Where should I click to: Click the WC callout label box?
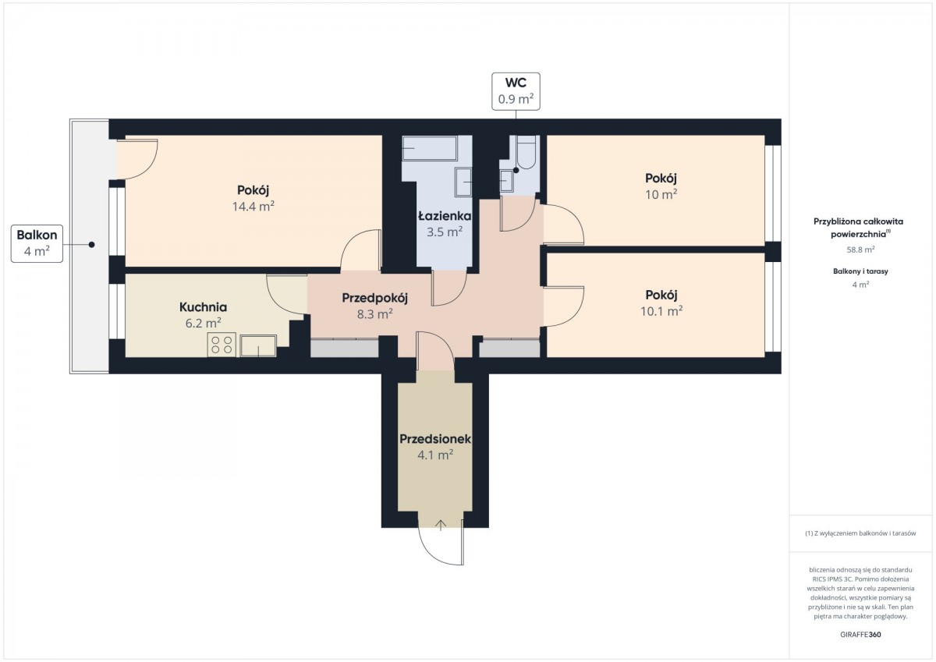coord(516,91)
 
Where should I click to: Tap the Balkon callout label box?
coord(37,243)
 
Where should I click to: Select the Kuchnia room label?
coord(203,307)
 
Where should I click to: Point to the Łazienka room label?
coord(445,216)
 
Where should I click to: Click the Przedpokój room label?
coord(374,298)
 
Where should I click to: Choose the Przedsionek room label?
coord(435,439)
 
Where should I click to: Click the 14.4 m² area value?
coord(253,207)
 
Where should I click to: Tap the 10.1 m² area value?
coord(661,311)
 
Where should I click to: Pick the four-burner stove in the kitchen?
coord(222,345)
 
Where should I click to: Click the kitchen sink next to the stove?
coord(258,346)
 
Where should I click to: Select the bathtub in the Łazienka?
coord(430,147)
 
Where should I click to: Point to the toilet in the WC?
coord(526,152)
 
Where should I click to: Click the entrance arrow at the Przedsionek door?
coord(441,525)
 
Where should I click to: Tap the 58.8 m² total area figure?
coord(860,250)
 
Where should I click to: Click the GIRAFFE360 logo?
coord(860,635)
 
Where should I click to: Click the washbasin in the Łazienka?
coord(463,182)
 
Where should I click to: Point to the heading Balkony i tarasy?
coord(860,271)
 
